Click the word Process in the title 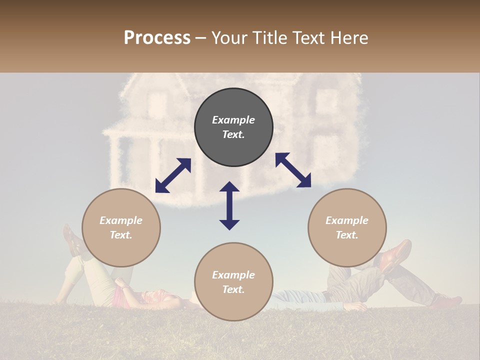coord(157,38)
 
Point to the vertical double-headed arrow coord(229,205)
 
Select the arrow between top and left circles coord(173,175)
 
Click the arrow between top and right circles coord(293,170)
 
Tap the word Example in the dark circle coord(233,120)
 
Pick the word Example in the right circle coord(347,220)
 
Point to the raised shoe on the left coord(72,240)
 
